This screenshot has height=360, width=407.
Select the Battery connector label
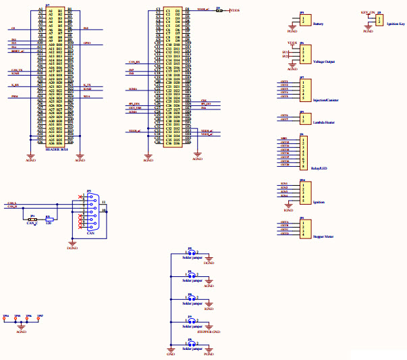(317, 23)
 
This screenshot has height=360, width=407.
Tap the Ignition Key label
(395, 24)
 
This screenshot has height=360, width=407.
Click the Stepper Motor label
(324, 237)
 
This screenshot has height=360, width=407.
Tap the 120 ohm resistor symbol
(48, 220)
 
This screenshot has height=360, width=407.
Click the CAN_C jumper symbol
(32, 220)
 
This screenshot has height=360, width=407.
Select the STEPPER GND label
(209, 332)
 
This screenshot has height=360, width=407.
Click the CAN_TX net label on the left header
(18, 70)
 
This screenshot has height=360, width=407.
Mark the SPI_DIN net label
(134, 103)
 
